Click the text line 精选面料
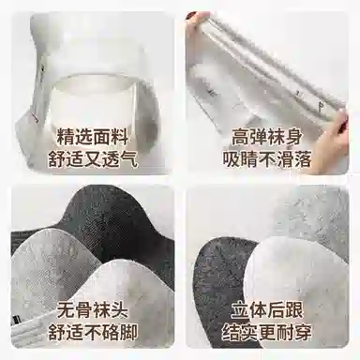pyautogui.click(x=93, y=138)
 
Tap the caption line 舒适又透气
pyautogui.click(x=93, y=159)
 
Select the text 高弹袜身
pyautogui.click(x=267, y=138)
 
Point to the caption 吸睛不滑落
pyautogui.click(x=267, y=159)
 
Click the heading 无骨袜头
pyautogui.click(x=93, y=310)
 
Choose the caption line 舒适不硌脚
pyautogui.click(x=93, y=332)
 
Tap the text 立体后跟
pyautogui.click(x=267, y=310)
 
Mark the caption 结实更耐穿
pyautogui.click(x=267, y=332)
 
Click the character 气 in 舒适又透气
pyautogui.click(x=129, y=159)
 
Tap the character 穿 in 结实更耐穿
pyautogui.click(x=303, y=332)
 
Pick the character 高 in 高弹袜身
pyautogui.click(x=240, y=138)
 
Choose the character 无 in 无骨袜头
pyautogui.click(x=65, y=310)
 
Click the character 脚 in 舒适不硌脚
pyautogui.click(x=129, y=332)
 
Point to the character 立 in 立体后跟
pyautogui.click(x=240, y=310)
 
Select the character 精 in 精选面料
pyautogui.click(x=65, y=138)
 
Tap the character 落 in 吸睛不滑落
pyautogui.click(x=303, y=159)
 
